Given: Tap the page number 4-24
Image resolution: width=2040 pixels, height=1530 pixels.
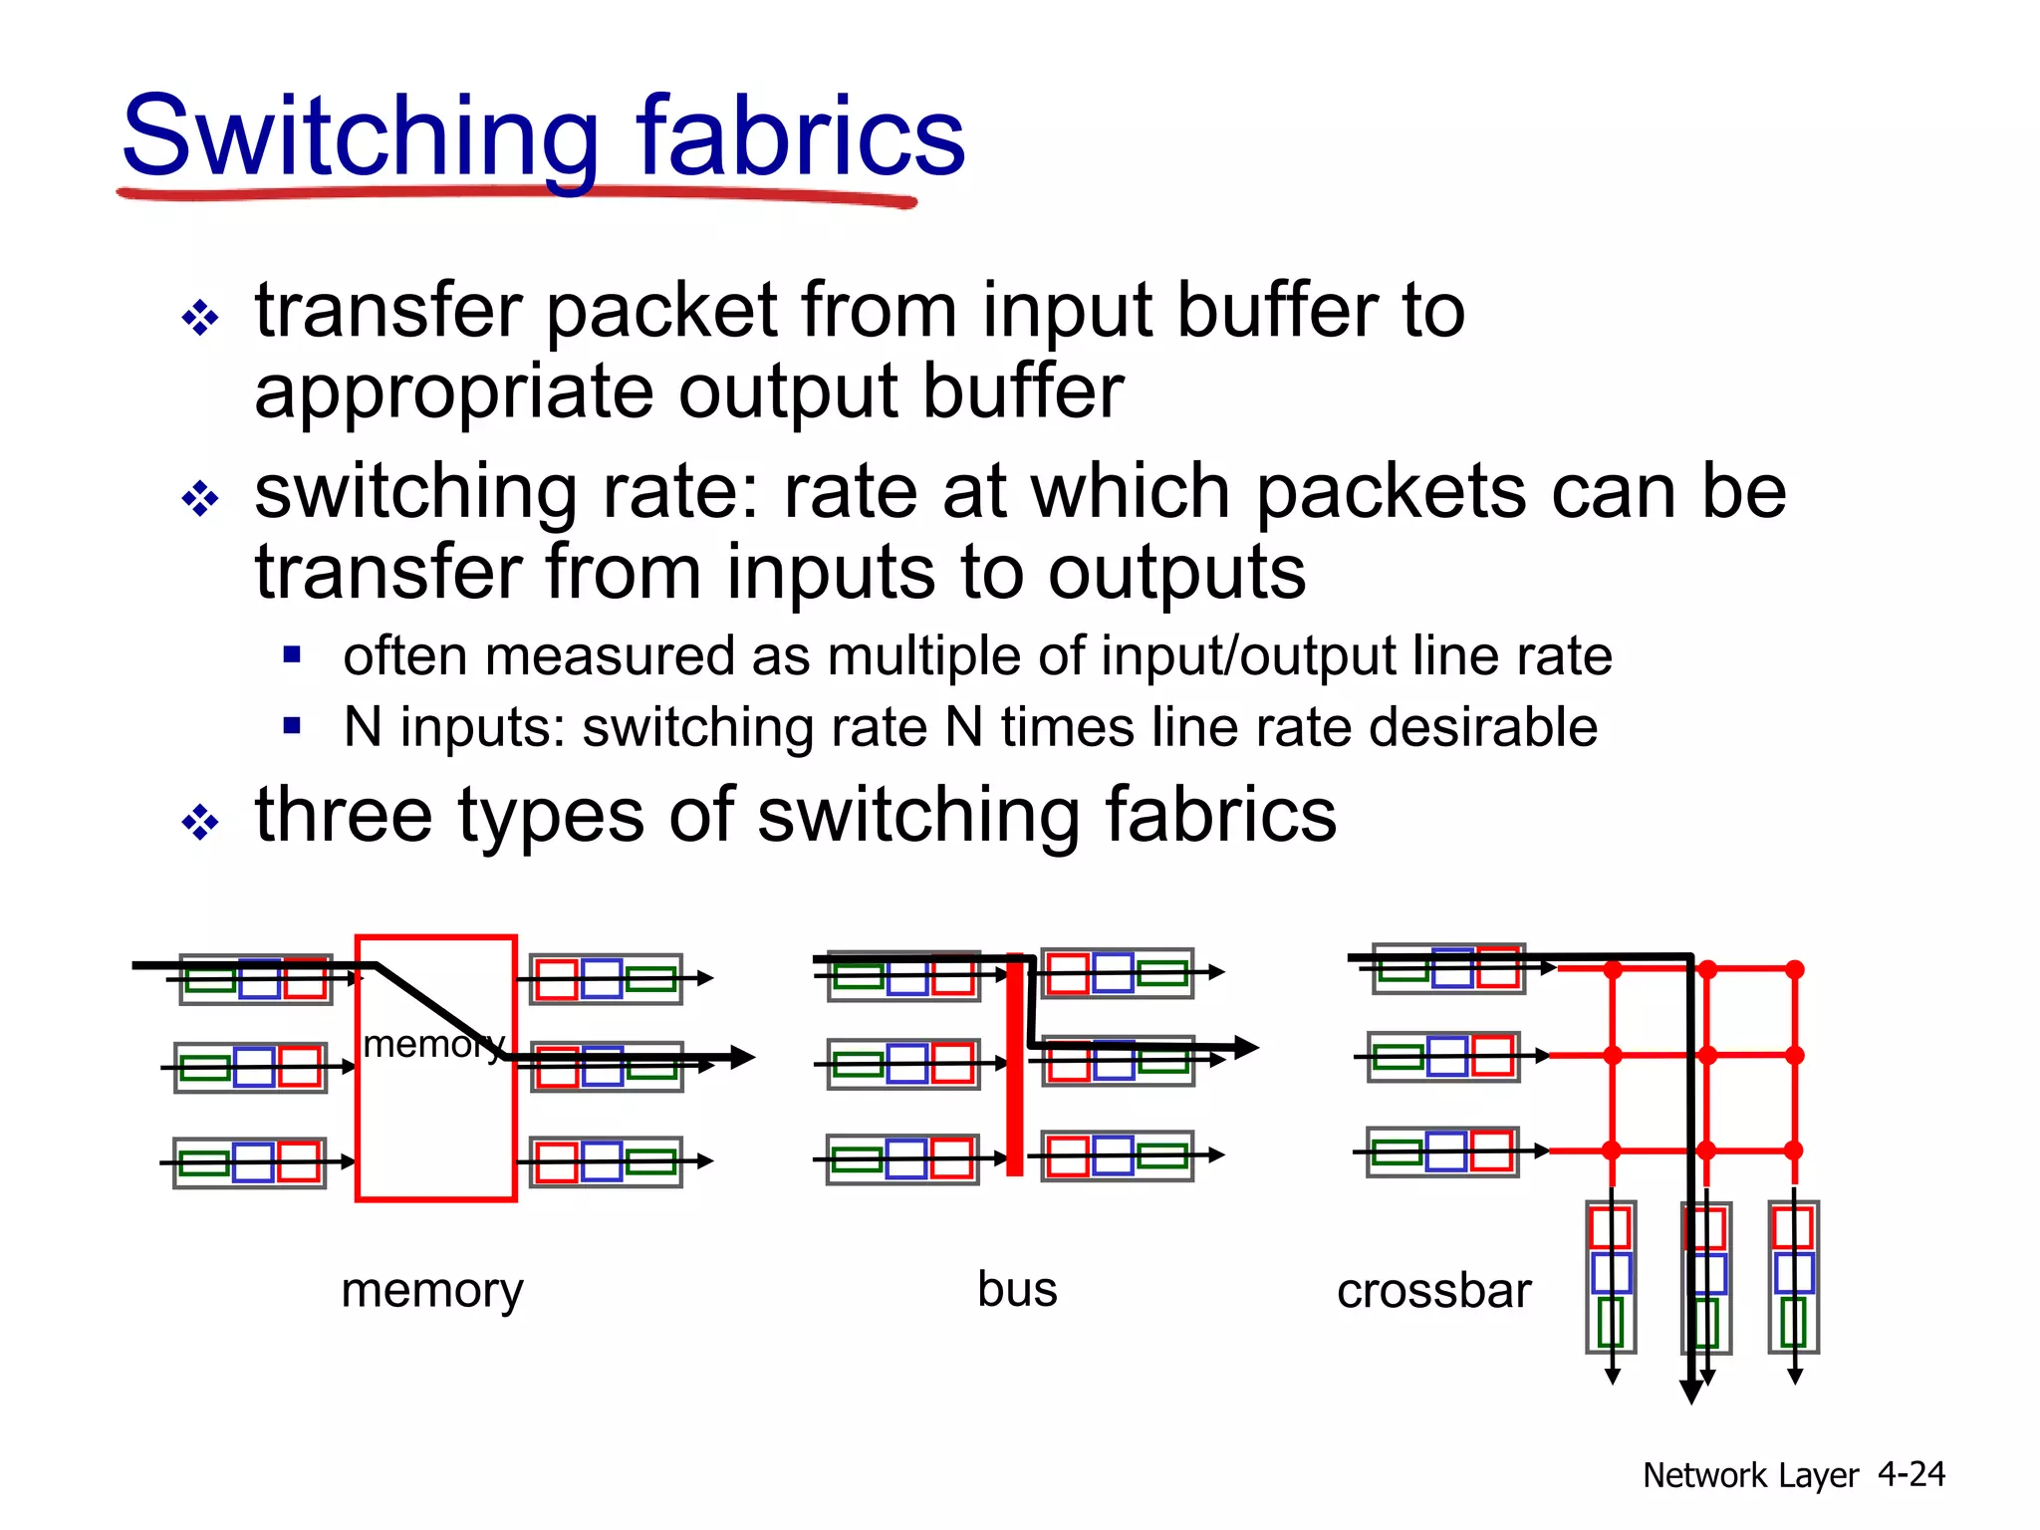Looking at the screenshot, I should [x=1911, y=1473].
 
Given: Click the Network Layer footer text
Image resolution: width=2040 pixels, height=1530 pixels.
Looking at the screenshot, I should [x=1750, y=1475].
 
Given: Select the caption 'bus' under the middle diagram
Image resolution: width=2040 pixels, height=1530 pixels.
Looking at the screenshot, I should [x=1017, y=1289].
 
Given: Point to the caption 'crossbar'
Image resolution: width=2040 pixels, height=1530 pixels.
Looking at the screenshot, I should [x=1433, y=1291].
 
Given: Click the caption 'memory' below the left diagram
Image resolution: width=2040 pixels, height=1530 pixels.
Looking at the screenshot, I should [x=431, y=1291].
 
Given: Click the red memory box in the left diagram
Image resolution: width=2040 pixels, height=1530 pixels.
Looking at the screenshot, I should [x=435, y=1126].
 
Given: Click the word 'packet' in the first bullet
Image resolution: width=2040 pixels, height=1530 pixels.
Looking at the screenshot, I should [x=661, y=311].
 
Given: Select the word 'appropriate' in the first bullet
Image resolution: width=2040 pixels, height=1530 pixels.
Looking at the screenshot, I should [x=454, y=392].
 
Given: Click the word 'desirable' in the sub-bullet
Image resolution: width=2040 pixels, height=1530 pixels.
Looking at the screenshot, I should [x=1483, y=727].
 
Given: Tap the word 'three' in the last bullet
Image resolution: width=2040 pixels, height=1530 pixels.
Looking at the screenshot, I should [x=344, y=815].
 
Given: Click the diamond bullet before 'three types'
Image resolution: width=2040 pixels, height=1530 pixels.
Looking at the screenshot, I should [x=200, y=822].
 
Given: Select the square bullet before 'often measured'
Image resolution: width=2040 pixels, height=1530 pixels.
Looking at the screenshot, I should [x=292, y=654].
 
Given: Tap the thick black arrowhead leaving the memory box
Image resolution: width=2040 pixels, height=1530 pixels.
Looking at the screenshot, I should [x=742, y=1057].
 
